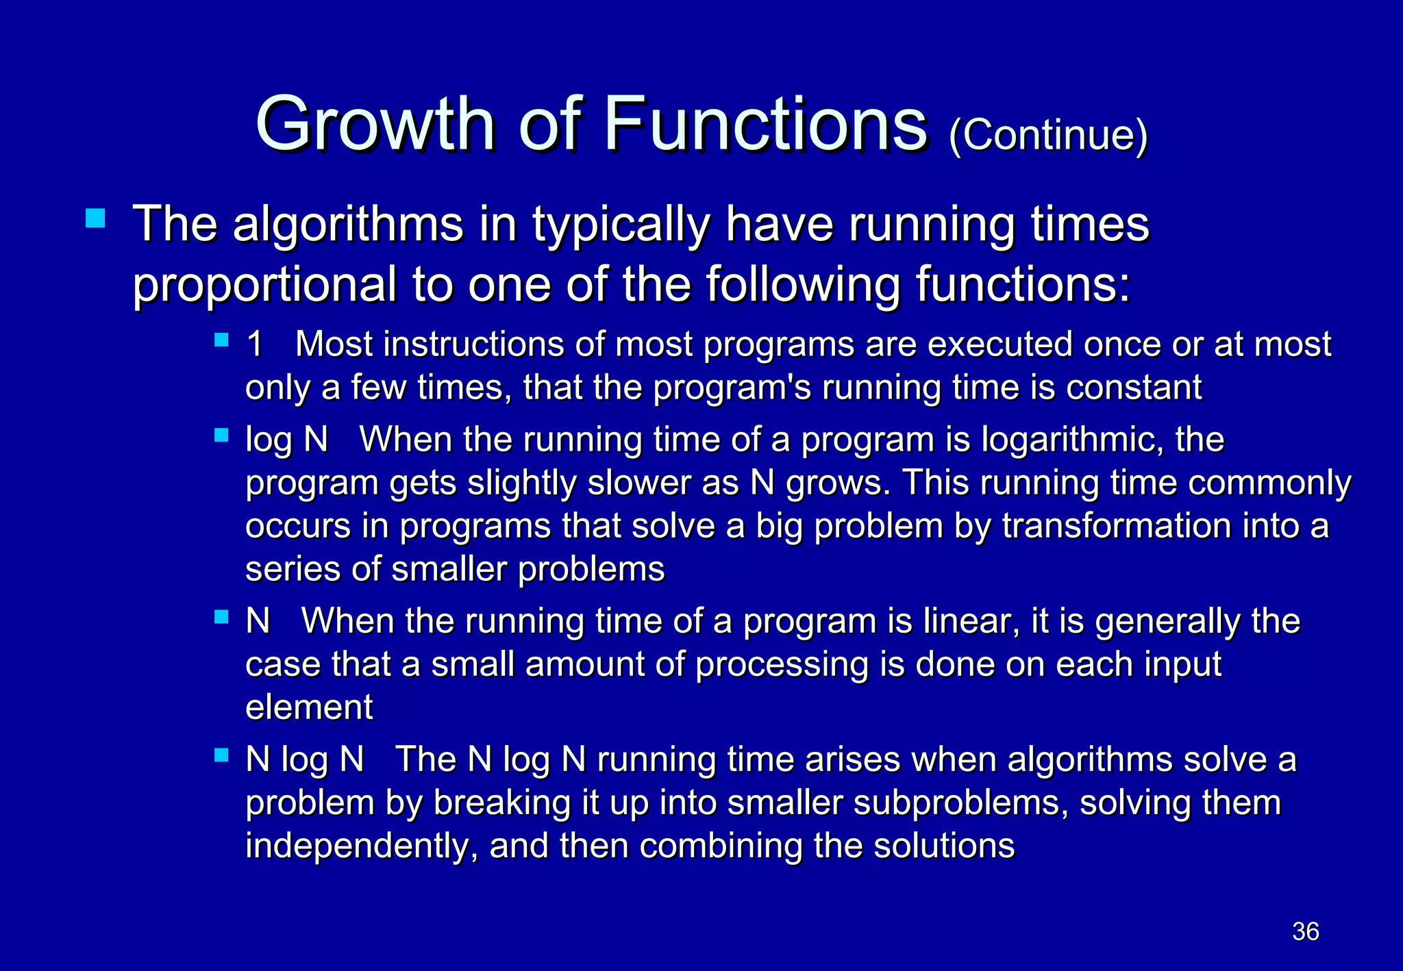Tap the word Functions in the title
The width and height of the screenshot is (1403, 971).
point(765,124)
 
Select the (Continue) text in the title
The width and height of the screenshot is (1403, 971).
point(1048,135)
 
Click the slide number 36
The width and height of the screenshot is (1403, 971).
point(1305,931)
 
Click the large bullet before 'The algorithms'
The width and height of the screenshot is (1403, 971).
point(95,218)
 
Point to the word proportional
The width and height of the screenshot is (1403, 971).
point(264,286)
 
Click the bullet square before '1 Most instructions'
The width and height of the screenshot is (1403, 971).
point(221,340)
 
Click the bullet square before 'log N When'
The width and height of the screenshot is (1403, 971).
point(221,435)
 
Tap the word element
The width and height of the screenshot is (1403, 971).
point(309,707)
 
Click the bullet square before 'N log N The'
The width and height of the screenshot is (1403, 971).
point(221,755)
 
